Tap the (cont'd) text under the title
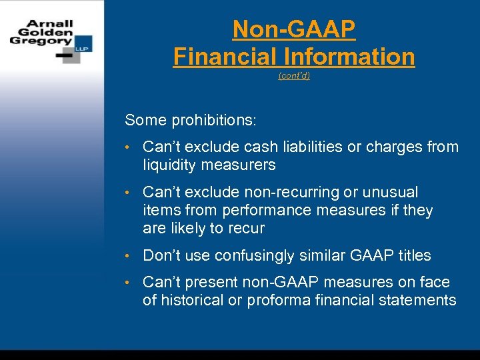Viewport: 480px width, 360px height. pos(294,76)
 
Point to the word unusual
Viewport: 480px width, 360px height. pos(389,193)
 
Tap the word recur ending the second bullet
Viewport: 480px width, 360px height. pos(247,229)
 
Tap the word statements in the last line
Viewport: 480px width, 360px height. pos(417,300)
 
